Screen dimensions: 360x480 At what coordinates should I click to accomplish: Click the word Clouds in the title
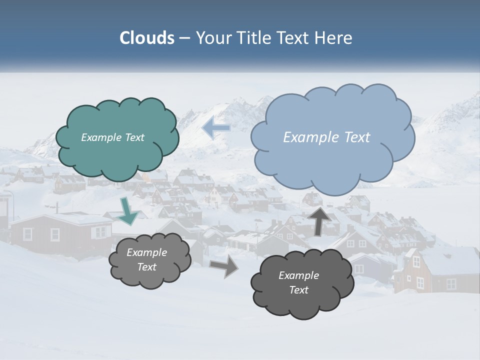click(147, 38)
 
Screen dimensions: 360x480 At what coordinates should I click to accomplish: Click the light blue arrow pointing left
click(215, 128)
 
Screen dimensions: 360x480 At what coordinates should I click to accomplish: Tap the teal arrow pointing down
click(128, 211)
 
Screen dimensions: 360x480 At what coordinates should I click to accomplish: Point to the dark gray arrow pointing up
click(320, 220)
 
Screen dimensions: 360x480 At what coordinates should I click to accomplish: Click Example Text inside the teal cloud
click(112, 137)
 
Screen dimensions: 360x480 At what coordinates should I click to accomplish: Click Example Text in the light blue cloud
click(326, 137)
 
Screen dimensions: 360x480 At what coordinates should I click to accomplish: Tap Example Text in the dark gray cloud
click(298, 282)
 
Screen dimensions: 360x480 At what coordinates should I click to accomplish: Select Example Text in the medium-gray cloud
click(146, 259)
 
